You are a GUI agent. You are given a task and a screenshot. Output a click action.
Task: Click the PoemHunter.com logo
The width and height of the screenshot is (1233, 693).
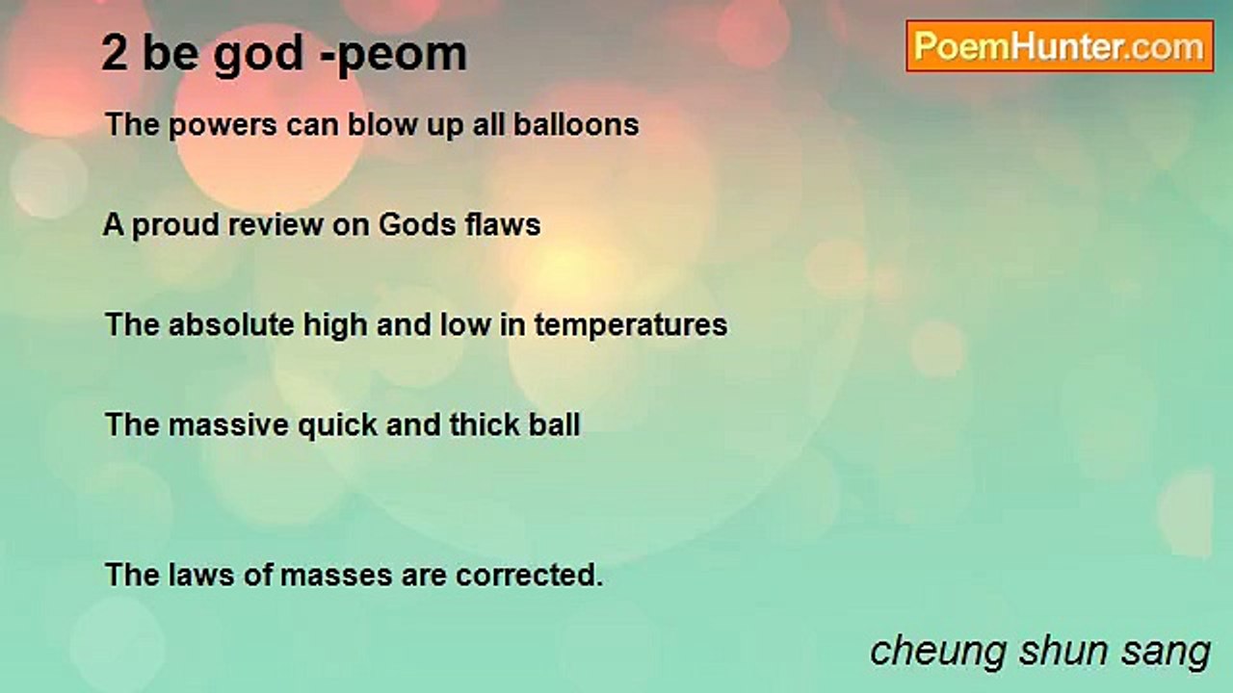pyautogui.click(x=1060, y=46)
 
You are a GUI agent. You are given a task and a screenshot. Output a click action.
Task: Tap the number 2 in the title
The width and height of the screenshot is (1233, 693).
pyautogui.click(x=115, y=53)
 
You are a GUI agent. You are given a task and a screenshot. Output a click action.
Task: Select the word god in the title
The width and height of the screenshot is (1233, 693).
pyautogui.click(x=258, y=55)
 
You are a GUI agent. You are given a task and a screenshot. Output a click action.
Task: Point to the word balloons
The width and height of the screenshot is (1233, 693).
pyautogui.click(x=576, y=124)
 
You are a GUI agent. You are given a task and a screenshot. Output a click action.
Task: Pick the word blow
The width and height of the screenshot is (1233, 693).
pyautogui.click(x=382, y=124)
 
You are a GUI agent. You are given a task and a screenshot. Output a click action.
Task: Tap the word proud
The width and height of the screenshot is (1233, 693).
pyautogui.click(x=175, y=226)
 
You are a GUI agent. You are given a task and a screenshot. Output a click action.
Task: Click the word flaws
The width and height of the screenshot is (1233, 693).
pyautogui.click(x=503, y=224)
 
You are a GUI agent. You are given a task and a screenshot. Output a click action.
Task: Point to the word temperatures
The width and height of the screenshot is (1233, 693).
pyautogui.click(x=631, y=326)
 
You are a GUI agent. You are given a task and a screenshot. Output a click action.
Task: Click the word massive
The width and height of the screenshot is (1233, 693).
pyautogui.click(x=228, y=425)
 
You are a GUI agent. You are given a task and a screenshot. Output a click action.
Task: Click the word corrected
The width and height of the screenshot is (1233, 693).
pyautogui.click(x=530, y=576)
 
